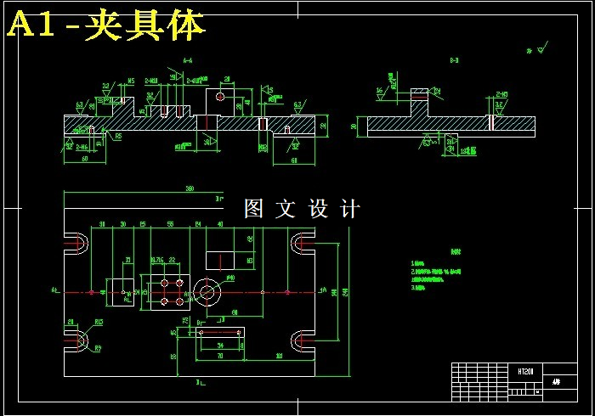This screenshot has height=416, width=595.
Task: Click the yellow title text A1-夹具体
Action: [106, 26]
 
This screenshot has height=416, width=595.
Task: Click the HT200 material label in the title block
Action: [524, 371]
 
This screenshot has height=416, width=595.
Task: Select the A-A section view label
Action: [188, 60]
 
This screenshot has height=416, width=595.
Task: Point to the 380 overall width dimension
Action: [190, 188]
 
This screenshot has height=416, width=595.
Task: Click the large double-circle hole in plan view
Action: [207, 292]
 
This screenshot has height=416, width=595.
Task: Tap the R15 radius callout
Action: [99, 322]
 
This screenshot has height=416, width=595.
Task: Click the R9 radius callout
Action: [98, 348]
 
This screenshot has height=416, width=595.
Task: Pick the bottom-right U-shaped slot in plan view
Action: [303, 340]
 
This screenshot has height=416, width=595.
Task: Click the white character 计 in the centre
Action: [349, 209]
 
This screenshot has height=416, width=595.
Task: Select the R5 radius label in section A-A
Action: [118, 135]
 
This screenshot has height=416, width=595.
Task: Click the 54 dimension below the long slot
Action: [220, 346]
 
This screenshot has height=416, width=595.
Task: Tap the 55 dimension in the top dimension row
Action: [171, 224]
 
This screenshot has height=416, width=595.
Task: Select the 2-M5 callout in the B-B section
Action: [502, 94]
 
